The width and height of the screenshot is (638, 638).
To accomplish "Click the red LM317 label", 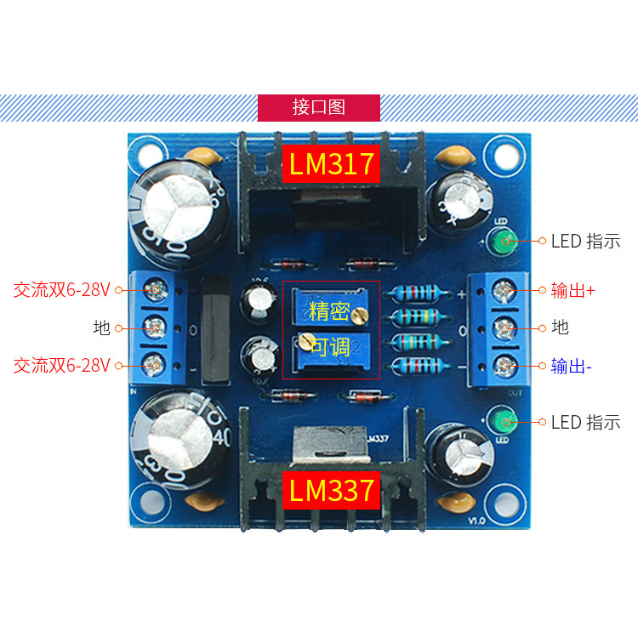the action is click(x=331, y=164).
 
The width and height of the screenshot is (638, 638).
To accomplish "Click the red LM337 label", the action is click(x=331, y=490).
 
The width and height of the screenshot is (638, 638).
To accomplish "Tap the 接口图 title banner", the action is click(x=319, y=107).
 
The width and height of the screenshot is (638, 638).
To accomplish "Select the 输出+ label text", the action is click(x=572, y=291).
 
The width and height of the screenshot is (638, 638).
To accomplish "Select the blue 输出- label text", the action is click(x=571, y=367).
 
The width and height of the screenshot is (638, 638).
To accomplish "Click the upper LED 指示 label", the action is click(x=585, y=241).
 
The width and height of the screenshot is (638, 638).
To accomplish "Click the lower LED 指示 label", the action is click(x=585, y=422).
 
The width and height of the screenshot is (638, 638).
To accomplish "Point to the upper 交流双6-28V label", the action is click(x=62, y=289).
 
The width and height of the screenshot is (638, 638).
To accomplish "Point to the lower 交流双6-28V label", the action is click(x=62, y=365).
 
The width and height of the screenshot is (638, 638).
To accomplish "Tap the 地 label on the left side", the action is click(x=102, y=328).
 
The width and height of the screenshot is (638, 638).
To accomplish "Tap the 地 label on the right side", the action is click(x=560, y=328).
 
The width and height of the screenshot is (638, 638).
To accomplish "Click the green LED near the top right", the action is click(x=500, y=240).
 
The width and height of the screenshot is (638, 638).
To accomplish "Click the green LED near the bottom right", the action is click(x=500, y=421).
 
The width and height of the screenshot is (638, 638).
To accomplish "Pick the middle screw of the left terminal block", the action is click(x=155, y=327).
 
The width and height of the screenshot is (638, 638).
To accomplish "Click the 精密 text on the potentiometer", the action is click(x=329, y=310).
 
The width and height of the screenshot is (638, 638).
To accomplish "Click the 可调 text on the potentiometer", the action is click(x=329, y=346).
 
